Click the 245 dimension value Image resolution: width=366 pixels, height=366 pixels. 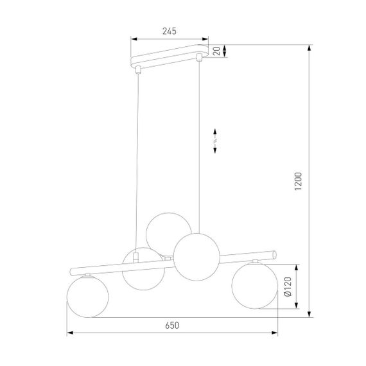[x=170, y=31]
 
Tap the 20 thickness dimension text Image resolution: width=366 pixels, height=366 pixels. [x=218, y=51]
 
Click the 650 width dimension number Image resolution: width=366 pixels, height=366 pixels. [x=171, y=326]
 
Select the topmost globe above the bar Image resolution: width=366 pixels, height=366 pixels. [x=168, y=232]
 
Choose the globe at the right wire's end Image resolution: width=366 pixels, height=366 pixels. [x=197, y=257]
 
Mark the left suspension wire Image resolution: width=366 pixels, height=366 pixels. [x=137, y=161]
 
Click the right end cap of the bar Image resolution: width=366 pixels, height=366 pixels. [x=275, y=255]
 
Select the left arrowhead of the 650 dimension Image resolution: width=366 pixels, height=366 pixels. [x=71, y=334]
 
